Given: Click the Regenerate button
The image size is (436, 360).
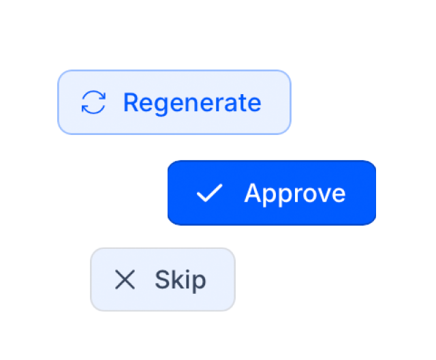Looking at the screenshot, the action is point(174,102).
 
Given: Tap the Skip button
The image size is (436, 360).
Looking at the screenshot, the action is point(163,280).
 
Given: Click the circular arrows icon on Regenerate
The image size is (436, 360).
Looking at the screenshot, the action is point(93,102).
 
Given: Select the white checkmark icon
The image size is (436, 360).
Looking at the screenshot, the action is point(209,192).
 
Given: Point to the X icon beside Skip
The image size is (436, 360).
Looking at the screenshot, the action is point(125,280).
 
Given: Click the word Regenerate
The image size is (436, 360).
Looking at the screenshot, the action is point(192,104).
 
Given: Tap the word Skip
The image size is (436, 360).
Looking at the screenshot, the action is point(180,280).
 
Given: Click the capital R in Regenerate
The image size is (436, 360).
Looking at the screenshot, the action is point(131,102).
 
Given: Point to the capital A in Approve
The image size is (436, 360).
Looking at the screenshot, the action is point(253,192).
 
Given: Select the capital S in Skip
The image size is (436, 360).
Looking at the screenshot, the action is point(162,280).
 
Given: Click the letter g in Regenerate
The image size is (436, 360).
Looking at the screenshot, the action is point(162,106).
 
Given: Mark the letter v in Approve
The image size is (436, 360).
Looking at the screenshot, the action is point(322,194).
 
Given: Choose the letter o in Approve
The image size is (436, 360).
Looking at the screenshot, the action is point(305,194).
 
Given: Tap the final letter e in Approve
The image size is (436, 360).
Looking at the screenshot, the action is point(338,194).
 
